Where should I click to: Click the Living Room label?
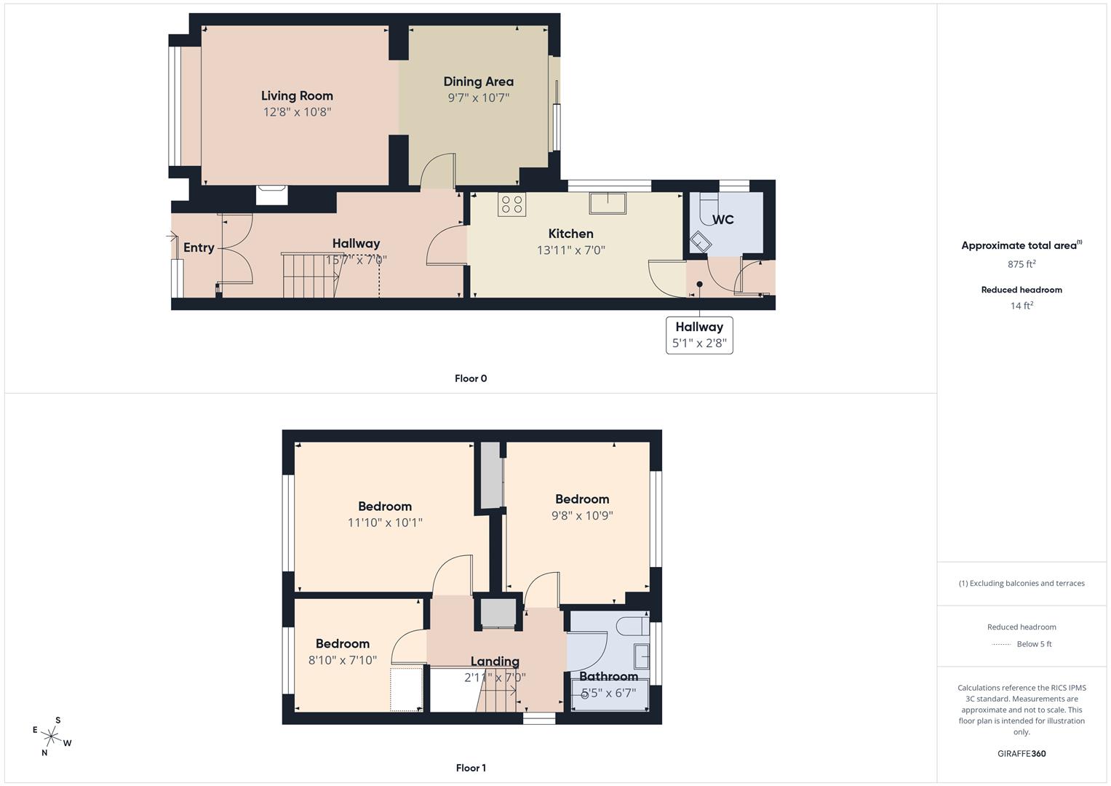pyautogui.click(x=297, y=95)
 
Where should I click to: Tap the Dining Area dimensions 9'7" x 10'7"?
pyautogui.click(x=478, y=98)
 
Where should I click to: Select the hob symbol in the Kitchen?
pyautogui.click(x=511, y=204)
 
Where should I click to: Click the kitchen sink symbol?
pyautogui.click(x=608, y=203)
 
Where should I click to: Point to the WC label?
pyautogui.click(x=722, y=220)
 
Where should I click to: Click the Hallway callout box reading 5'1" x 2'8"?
pyautogui.click(x=699, y=335)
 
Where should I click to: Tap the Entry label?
pyautogui.click(x=199, y=247)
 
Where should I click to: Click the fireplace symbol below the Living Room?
pyautogui.click(x=272, y=195)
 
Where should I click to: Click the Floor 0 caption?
pyautogui.click(x=471, y=378)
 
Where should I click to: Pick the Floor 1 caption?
pyautogui.click(x=471, y=768)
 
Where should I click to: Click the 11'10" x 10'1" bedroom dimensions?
pyautogui.click(x=385, y=523)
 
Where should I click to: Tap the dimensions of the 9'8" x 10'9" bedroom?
pyautogui.click(x=582, y=515)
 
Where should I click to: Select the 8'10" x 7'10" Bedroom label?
pyautogui.click(x=342, y=643)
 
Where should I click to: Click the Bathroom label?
pyautogui.click(x=608, y=676)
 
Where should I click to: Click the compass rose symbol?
pyautogui.click(x=52, y=737)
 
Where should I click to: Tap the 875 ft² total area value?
pyautogui.click(x=1022, y=264)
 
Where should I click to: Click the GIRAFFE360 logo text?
pyautogui.click(x=1022, y=753)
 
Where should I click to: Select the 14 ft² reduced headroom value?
pyautogui.click(x=1022, y=306)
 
